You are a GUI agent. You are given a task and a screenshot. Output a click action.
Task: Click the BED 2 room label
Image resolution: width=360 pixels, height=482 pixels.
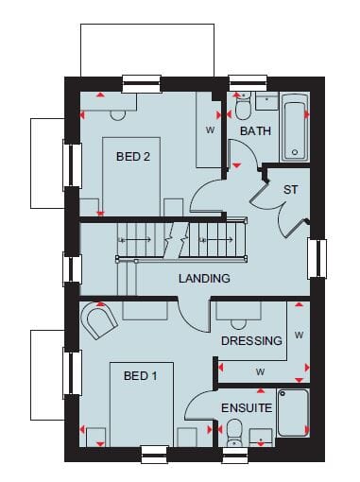click(x=133, y=156)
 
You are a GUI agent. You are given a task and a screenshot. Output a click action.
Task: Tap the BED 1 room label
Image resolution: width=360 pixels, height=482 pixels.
click(x=140, y=375)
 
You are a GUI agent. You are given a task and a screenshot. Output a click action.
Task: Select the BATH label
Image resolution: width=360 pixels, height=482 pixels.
click(x=255, y=130)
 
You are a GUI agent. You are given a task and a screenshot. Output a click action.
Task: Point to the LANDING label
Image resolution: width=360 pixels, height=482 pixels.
click(x=204, y=278)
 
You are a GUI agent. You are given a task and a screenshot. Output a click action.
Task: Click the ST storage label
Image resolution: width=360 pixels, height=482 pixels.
click(x=290, y=190)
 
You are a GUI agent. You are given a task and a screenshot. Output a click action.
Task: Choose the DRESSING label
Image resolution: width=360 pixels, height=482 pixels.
click(x=251, y=340)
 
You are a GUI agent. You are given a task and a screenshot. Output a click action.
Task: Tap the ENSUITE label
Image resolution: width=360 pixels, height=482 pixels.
click(x=247, y=408)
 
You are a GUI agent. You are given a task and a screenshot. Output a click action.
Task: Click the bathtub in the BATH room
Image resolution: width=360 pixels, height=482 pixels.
click(x=295, y=127)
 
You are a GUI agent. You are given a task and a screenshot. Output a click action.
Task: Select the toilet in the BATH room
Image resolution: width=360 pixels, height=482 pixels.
click(x=243, y=106)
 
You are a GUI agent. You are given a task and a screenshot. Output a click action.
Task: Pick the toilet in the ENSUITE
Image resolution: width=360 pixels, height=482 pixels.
click(x=234, y=432)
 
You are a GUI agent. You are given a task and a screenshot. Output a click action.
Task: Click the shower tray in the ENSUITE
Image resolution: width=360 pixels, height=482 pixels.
click(x=292, y=413)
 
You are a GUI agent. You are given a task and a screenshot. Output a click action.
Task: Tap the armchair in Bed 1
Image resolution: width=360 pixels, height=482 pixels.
click(x=99, y=320)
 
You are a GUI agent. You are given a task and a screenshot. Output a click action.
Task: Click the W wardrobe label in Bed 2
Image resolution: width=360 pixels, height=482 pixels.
click(x=210, y=129)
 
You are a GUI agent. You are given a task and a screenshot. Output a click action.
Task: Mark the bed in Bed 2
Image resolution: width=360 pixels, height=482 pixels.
click(x=131, y=177)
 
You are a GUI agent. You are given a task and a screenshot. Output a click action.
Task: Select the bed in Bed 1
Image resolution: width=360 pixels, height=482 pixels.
click(x=142, y=405)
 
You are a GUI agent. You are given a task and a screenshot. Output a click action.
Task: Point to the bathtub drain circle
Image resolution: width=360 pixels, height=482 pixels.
click(x=295, y=152)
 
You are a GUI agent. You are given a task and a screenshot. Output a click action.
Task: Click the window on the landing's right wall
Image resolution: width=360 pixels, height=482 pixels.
click(x=317, y=259)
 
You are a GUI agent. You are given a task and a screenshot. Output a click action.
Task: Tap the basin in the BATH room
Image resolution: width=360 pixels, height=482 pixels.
click(x=266, y=101)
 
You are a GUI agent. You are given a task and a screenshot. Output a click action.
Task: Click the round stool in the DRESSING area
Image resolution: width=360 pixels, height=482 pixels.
click(x=238, y=323)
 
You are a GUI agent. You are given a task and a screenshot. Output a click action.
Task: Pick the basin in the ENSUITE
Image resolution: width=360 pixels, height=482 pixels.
click(x=261, y=438)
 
